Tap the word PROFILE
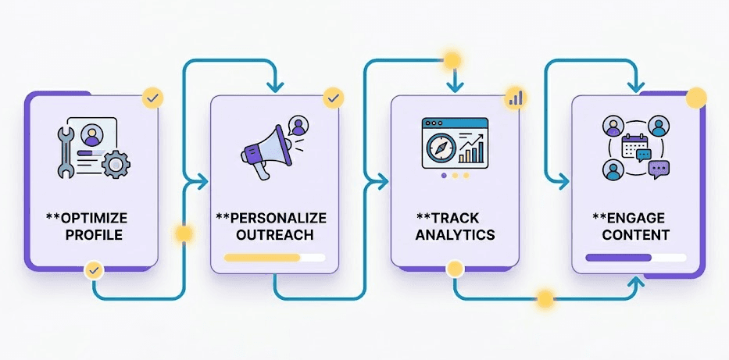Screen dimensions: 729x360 click(94, 234)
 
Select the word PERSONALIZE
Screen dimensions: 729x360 click(276, 218)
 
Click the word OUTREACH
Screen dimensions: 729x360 click(275, 234)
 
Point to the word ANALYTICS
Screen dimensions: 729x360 click(456, 234)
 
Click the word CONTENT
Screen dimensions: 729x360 click(635, 234)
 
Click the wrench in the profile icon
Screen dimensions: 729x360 click(65, 152)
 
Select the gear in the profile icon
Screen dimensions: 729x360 click(116, 164)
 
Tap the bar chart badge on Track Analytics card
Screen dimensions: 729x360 click(515, 98)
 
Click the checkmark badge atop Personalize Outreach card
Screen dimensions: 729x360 click(334, 98)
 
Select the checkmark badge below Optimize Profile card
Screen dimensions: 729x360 click(94, 270)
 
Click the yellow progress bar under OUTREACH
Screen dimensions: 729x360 click(263, 258)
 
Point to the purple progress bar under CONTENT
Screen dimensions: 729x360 click(618, 258)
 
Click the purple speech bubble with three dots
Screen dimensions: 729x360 click(659, 169)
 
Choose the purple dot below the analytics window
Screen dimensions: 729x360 click(444, 176)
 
